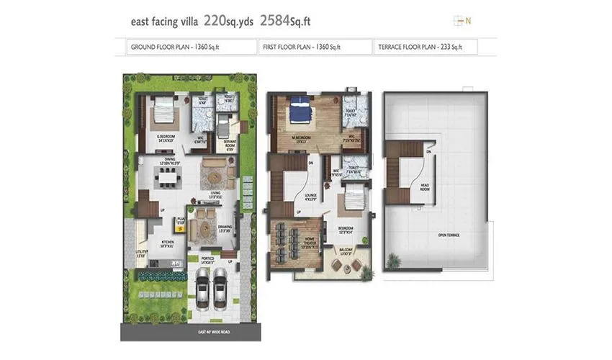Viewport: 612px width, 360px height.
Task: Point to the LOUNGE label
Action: coord(310,197)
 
